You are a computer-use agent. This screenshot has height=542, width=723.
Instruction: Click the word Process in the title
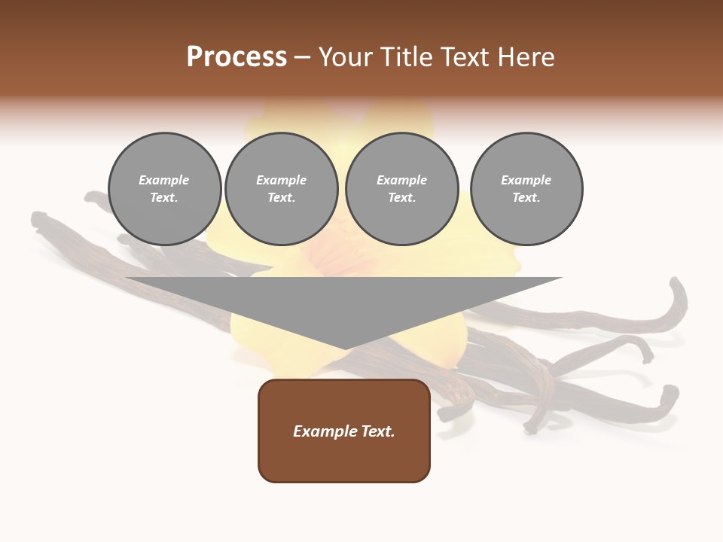236,57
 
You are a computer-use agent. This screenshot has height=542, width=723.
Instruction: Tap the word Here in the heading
524,57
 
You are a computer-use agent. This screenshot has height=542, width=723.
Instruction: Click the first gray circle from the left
164,189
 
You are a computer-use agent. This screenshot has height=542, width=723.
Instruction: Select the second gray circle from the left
281,189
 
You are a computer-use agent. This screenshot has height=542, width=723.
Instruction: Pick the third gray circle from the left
401,189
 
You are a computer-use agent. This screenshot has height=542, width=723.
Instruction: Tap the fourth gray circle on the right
526,189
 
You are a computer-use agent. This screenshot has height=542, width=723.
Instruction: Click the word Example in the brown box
322,431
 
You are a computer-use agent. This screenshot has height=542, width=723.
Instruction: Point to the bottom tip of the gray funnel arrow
344,348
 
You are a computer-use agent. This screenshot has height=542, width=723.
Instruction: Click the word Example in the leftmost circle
164,180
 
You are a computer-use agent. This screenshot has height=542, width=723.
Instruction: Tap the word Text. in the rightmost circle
526,198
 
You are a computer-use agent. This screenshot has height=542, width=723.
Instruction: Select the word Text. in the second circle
281,198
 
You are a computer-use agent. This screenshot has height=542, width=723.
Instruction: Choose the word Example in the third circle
401,180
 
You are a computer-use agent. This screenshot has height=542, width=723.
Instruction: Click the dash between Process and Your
302,57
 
